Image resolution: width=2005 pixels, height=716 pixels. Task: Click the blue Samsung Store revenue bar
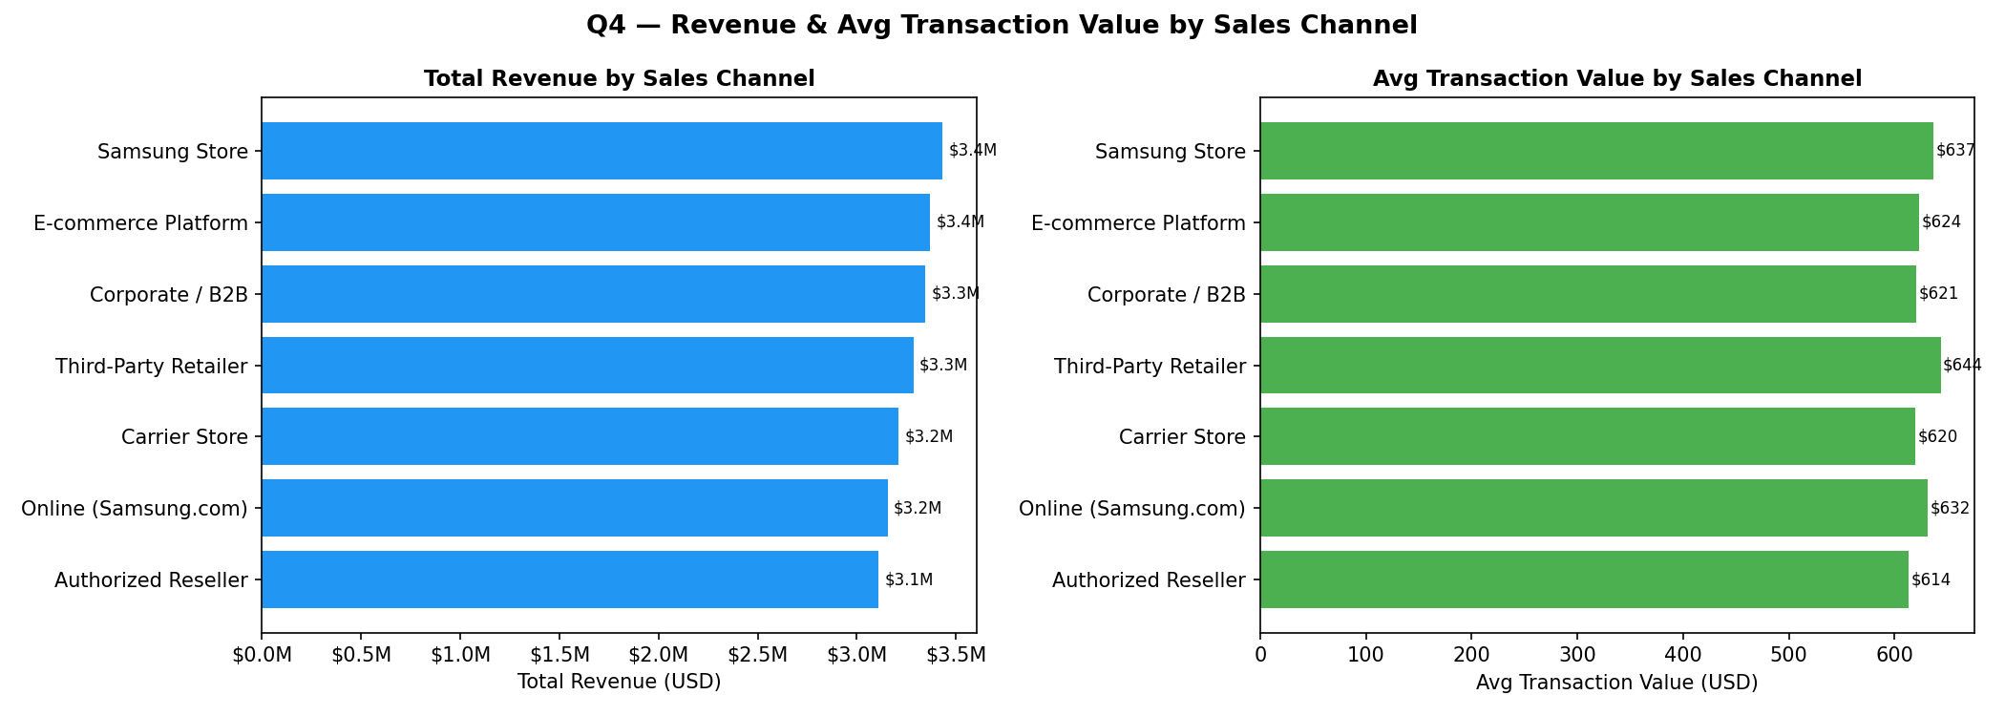point(601,151)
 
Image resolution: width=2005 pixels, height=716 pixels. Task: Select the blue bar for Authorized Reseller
point(570,579)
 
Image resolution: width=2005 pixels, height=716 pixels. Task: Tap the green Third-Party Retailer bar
point(1600,366)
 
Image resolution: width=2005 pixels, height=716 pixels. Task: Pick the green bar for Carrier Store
point(1587,436)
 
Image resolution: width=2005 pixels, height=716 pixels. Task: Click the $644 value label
point(1962,366)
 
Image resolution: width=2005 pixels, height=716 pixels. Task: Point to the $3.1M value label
point(909,579)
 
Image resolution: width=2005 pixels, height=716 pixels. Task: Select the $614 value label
point(1931,579)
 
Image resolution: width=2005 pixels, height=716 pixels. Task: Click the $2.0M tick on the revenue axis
point(658,655)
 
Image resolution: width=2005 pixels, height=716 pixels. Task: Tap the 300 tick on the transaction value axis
point(1577,655)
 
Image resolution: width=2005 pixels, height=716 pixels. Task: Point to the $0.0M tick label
point(262,655)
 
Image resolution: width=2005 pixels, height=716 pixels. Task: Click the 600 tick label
point(1894,655)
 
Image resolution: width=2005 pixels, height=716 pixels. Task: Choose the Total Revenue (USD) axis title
point(619,682)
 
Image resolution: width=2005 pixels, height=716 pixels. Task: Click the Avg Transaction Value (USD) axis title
point(1616,683)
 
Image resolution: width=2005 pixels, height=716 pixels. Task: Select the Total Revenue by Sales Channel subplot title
point(619,79)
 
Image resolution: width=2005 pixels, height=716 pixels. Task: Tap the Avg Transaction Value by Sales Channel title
point(1616,79)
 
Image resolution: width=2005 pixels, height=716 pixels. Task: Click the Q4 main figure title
point(1002,26)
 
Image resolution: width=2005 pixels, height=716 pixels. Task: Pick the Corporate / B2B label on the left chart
point(169,294)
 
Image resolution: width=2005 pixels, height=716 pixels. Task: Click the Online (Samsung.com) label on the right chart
point(1131,509)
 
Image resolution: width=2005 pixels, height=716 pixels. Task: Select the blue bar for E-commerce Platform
point(596,222)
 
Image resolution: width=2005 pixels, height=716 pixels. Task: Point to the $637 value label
point(1955,151)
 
